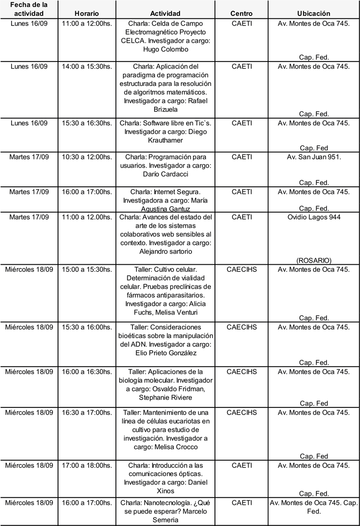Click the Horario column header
87,14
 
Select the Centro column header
241,14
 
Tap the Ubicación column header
313,14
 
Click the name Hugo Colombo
166,49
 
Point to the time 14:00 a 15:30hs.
87,66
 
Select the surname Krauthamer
166,140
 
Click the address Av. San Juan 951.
313,157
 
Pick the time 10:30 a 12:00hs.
87,157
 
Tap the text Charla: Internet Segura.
166,192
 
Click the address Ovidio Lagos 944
313,217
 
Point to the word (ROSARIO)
313,260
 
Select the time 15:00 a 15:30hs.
87,269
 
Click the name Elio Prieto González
166,353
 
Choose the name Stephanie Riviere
166,398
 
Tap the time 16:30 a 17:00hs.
87,412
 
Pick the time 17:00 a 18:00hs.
87,465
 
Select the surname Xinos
166,491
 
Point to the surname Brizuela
166,110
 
